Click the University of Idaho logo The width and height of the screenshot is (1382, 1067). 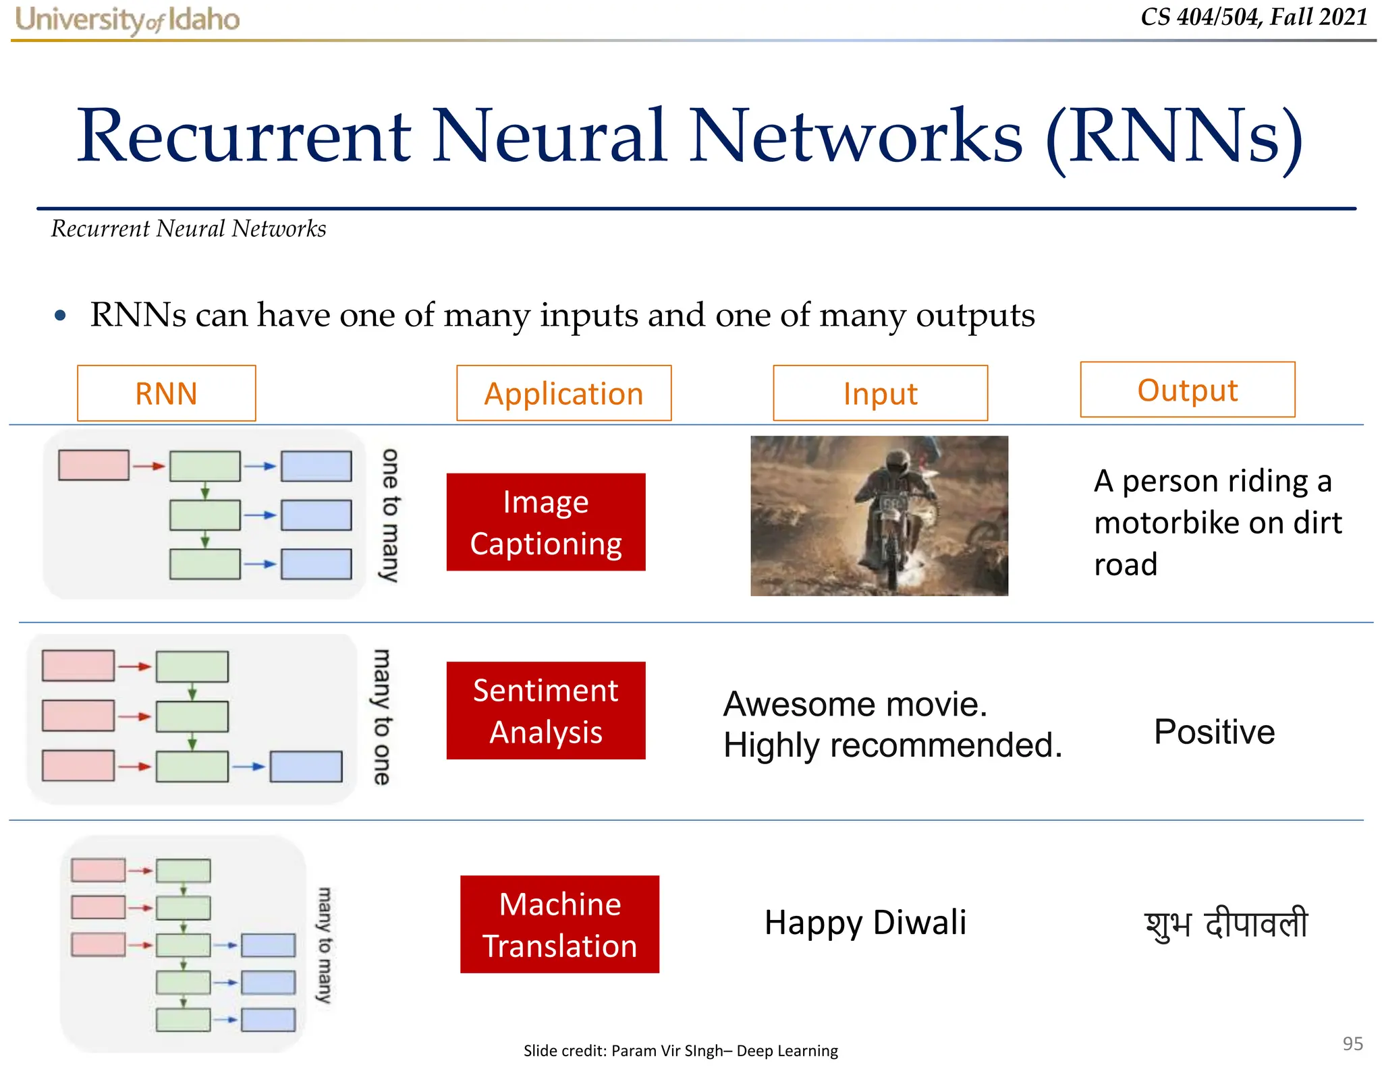click(127, 20)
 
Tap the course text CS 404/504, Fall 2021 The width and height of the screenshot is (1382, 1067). click(1254, 17)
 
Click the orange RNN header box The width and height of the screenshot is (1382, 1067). click(166, 393)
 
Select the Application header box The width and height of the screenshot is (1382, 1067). click(563, 393)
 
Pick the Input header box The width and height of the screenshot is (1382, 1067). click(880, 393)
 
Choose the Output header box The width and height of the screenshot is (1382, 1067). click(1187, 390)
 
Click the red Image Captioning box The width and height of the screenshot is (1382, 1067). click(545, 522)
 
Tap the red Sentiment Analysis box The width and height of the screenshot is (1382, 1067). click(545, 711)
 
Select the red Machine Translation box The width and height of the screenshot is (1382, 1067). click(559, 924)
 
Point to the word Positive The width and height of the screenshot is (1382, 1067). click(1214, 732)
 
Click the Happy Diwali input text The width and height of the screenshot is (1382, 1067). click(865, 923)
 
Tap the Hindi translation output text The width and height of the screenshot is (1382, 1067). click(1226, 924)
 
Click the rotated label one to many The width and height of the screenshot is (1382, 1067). click(390, 515)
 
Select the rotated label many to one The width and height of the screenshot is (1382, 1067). click(382, 717)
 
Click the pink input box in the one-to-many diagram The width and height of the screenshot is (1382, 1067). click(93, 465)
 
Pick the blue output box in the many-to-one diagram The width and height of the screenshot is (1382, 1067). click(306, 767)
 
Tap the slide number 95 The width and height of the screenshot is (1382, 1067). click(1352, 1043)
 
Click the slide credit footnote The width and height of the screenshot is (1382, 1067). click(680, 1050)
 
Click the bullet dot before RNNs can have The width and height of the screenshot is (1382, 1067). click(61, 316)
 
